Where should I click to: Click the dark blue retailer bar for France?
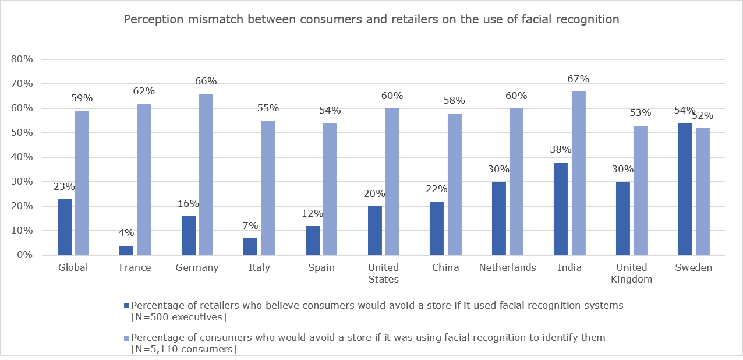[126, 250]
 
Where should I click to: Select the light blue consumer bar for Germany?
[206, 174]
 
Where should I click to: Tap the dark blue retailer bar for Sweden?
[685, 189]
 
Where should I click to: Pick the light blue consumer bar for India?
[578, 173]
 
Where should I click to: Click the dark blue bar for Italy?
[250, 246]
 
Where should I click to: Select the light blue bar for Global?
[82, 183]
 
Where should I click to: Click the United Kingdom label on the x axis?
[631, 273]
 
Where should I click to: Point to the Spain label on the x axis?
[321, 268]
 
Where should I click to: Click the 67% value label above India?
[578, 79]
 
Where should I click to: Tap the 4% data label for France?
[126, 233]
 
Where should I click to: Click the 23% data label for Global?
[65, 187]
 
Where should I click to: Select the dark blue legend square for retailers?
[128, 305]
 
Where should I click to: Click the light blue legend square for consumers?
[128, 338]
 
